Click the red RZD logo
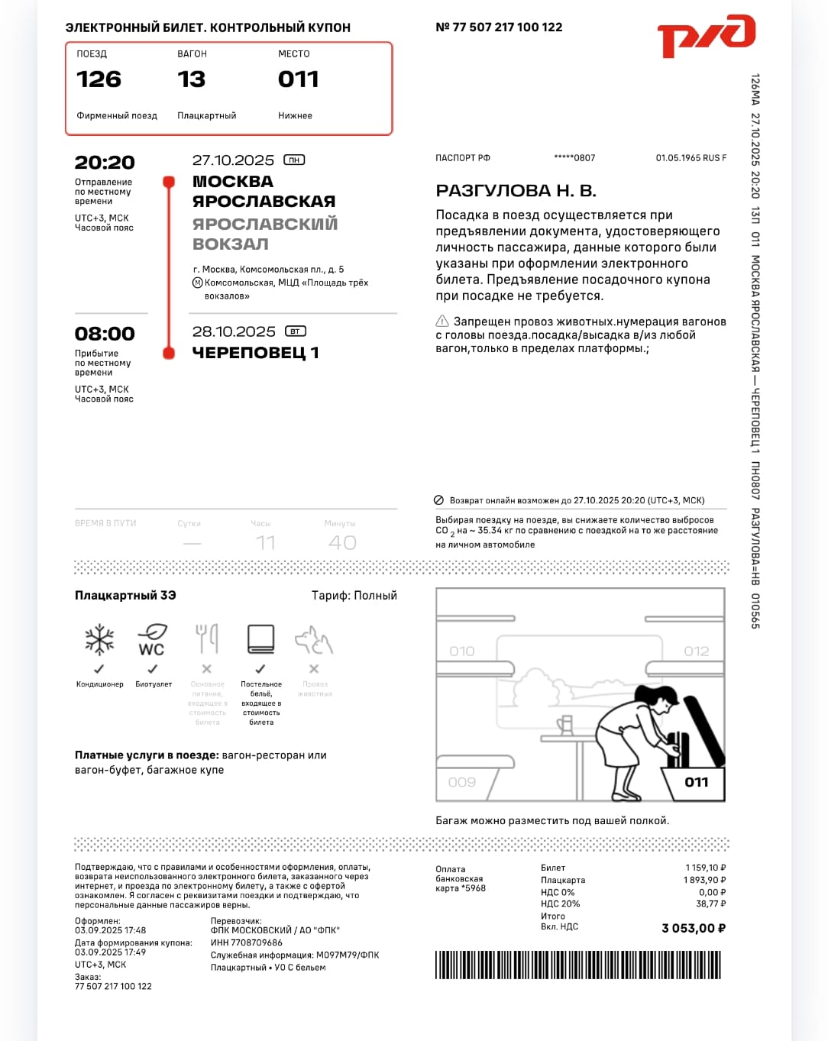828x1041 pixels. pos(705,35)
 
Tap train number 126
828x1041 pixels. pos(99,79)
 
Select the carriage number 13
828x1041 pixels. pos(191,79)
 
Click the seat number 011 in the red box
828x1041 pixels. pos(298,79)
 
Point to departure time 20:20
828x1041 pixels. pos(105,163)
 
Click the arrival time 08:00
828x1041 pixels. pos(105,334)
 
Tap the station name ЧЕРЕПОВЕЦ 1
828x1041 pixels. pos(255,353)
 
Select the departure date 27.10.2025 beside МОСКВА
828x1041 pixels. pos(233,160)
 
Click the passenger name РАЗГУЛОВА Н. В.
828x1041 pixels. pos(516,190)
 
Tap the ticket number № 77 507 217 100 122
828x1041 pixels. pos(499,27)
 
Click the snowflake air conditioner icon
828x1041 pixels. pos(99,639)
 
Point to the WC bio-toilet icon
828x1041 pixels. pos(152,640)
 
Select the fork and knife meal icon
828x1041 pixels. pos(206,639)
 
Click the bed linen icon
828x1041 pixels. pos(260,639)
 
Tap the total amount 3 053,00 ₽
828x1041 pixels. pos(693,929)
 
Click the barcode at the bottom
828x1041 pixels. pos(578,965)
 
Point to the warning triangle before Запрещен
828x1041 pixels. pos(442,321)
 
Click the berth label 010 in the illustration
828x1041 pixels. pos(462,651)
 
